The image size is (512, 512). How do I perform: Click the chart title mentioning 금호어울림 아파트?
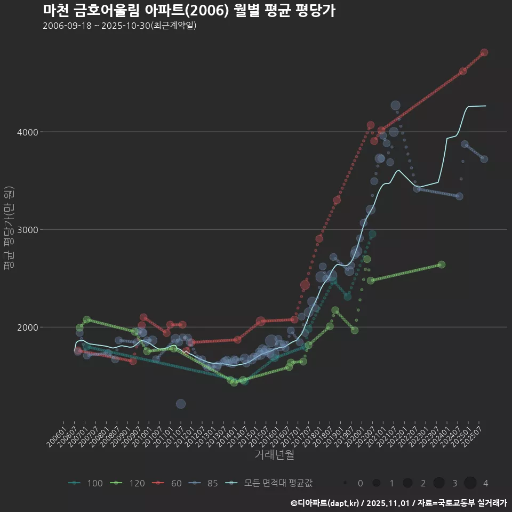click(189, 11)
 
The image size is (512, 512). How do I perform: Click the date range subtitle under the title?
click(120, 26)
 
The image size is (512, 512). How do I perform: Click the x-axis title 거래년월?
click(274, 454)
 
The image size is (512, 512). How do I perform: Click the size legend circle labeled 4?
click(470, 483)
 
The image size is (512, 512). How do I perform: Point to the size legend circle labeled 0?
click(346, 483)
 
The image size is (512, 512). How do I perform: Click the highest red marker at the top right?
click(484, 52)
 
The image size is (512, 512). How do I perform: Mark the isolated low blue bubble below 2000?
click(181, 404)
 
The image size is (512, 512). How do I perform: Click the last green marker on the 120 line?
click(441, 265)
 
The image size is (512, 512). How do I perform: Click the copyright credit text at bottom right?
click(398, 503)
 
